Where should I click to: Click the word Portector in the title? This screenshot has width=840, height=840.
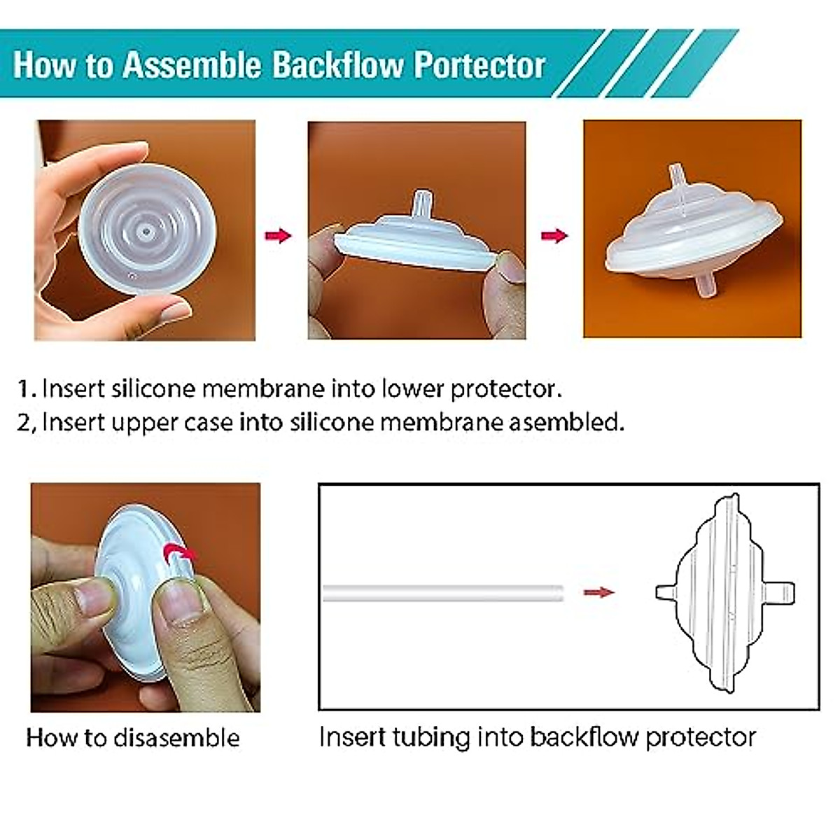[x=479, y=65]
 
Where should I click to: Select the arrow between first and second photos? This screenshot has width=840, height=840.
[x=278, y=235]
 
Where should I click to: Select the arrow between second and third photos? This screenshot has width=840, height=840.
[x=554, y=235]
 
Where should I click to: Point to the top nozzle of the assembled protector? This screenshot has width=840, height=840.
[x=677, y=181]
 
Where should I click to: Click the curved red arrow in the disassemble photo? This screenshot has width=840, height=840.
[x=179, y=554]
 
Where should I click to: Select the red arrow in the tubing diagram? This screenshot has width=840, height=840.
[x=598, y=593]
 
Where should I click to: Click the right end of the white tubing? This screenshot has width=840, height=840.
[x=558, y=593]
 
